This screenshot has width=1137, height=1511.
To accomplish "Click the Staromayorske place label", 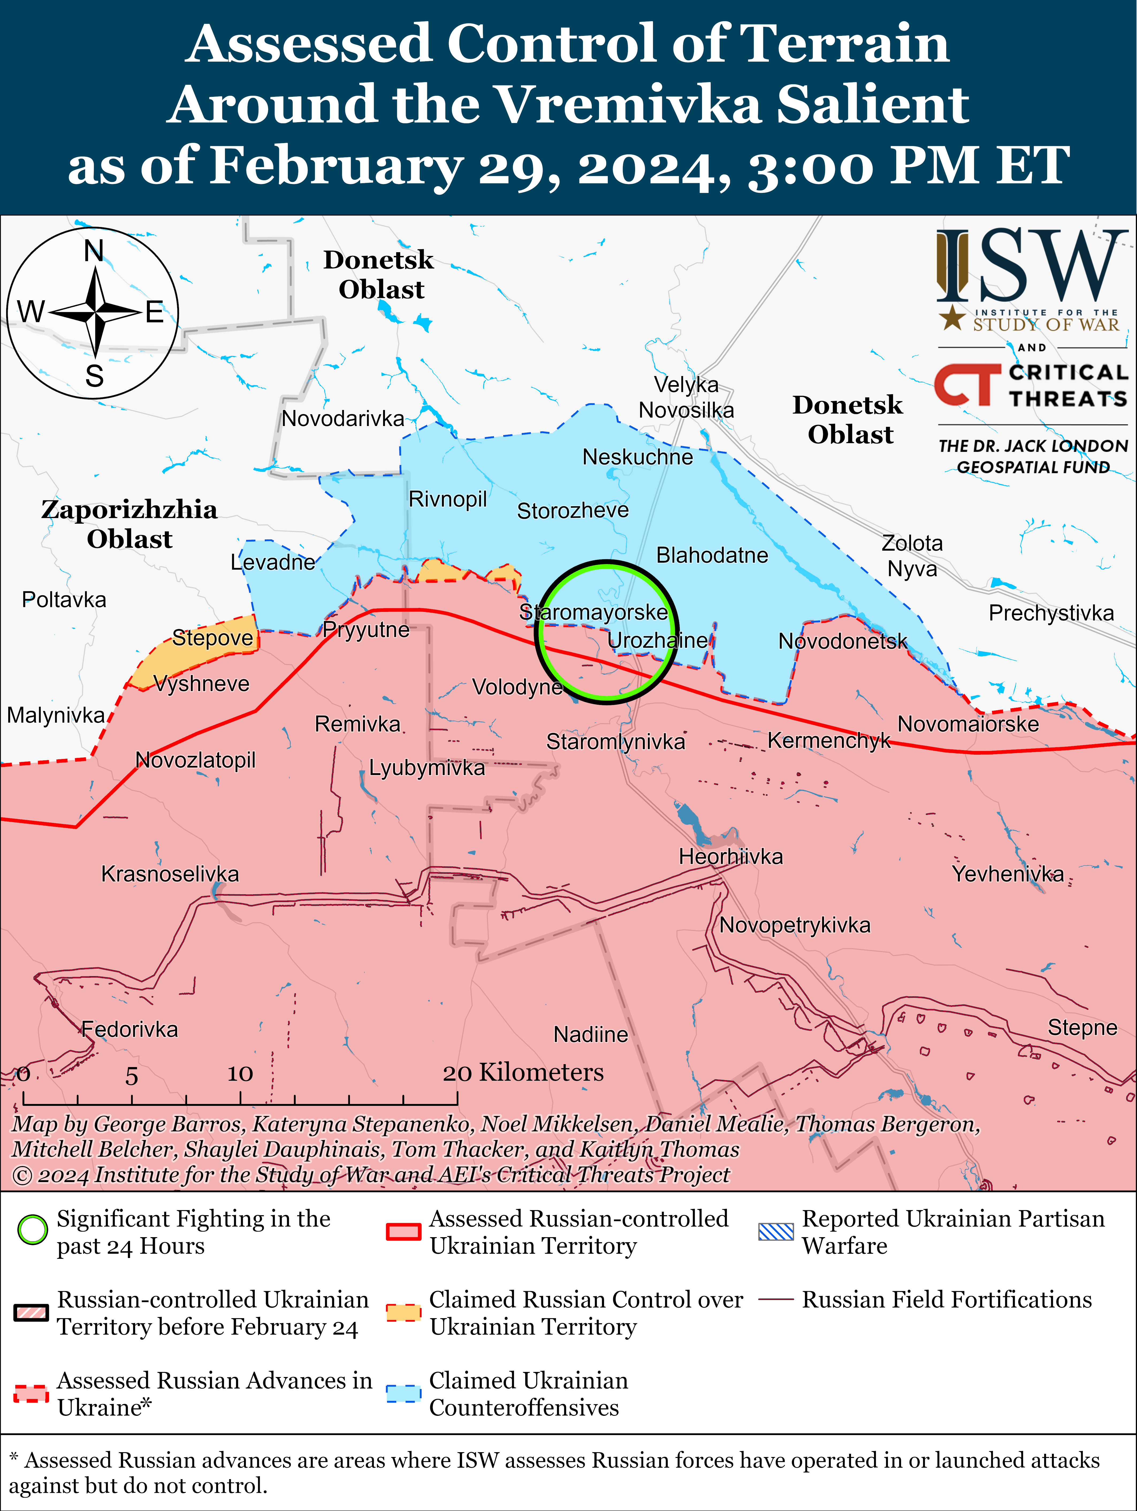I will (593, 612).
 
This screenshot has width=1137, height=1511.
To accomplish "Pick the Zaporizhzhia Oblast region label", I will (129, 524).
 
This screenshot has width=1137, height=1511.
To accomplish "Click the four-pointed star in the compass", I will (96, 312).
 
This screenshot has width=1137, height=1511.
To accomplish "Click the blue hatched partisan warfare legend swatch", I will (776, 1232).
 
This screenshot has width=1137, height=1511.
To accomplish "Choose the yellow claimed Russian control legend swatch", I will (403, 1312).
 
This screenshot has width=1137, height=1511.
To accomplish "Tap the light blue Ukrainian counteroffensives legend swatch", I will (403, 1394).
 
